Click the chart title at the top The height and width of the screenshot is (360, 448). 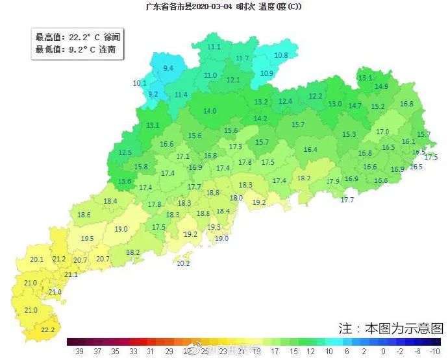223,6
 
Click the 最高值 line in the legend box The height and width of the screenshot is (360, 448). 77,38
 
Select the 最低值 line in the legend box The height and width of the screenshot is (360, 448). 75,49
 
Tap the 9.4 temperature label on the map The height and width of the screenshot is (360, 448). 168,68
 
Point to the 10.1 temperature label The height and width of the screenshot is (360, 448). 140,83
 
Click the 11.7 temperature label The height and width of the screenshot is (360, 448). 242,58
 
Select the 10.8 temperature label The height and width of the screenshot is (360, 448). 280,55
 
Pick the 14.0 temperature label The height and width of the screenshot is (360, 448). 210,111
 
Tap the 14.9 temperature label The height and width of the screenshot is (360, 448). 381,86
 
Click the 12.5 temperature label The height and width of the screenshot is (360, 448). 125,153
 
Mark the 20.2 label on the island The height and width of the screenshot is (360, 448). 183,263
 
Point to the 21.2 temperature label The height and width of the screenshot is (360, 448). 59,259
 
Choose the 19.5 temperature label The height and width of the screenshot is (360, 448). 87,239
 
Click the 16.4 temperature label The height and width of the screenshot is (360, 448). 310,150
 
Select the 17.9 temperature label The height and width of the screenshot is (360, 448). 332,181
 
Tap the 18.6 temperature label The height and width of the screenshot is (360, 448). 84,215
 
